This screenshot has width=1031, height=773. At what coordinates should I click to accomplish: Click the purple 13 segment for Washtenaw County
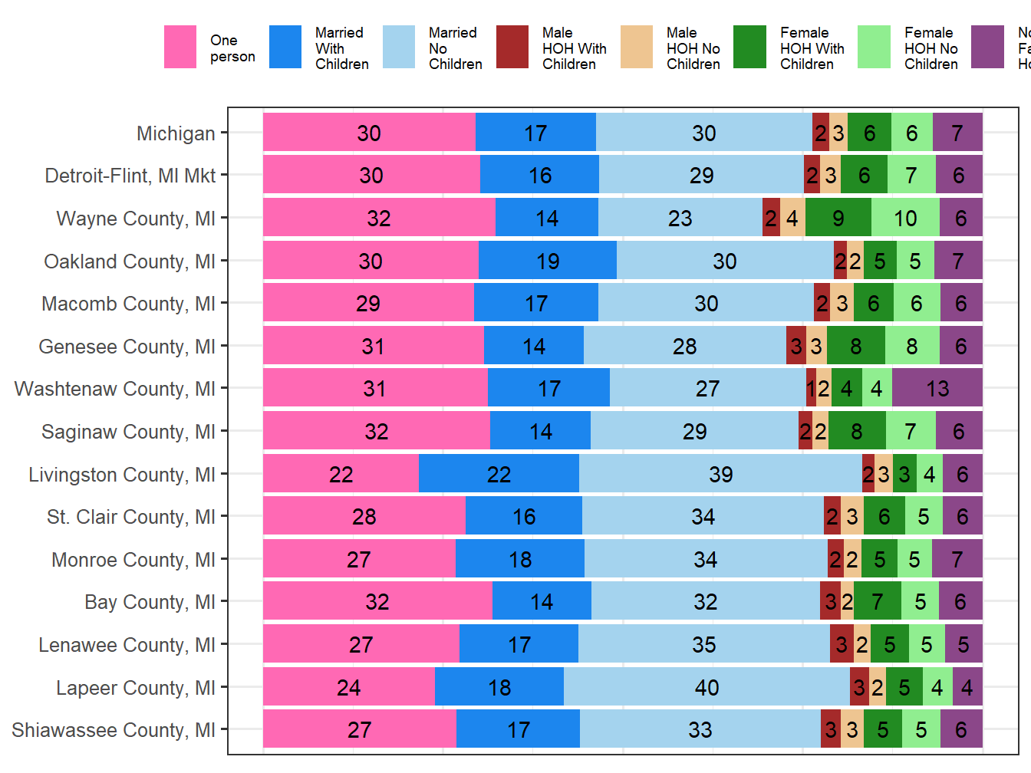point(937,388)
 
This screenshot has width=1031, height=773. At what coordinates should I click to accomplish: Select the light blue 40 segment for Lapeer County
point(707,687)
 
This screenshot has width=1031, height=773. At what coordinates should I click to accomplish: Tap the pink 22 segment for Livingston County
point(341,474)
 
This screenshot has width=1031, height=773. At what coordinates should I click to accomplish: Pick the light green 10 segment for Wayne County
point(905,218)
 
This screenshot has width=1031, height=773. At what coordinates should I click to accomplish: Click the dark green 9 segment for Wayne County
point(838,218)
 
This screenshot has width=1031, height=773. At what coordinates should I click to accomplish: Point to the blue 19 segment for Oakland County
point(547,261)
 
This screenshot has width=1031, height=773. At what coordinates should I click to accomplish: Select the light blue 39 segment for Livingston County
point(720,474)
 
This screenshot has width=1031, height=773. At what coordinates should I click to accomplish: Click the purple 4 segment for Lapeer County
point(967,687)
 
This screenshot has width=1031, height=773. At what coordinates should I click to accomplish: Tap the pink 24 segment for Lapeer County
point(348,687)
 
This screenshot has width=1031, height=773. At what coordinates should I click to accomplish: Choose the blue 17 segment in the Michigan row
point(535,133)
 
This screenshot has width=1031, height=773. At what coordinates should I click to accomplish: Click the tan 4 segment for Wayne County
point(792,218)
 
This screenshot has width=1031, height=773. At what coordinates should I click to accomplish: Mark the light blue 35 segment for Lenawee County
point(703,644)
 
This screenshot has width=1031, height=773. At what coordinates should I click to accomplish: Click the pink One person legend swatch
point(180,48)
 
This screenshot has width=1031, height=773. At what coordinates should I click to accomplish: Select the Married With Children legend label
point(341,48)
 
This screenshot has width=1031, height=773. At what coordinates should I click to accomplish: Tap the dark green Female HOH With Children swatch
point(749,48)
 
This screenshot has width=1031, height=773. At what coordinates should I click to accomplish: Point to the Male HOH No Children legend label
point(693,48)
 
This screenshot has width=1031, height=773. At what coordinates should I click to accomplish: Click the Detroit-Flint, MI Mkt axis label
point(130,176)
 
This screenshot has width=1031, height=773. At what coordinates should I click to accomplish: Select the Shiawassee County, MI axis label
point(113,730)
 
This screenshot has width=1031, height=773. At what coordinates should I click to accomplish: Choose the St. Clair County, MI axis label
point(130,517)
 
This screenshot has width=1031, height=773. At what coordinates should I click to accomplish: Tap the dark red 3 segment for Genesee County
point(796,346)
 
